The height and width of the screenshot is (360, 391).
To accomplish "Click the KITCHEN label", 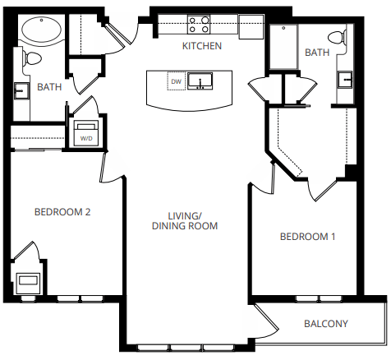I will (202, 46).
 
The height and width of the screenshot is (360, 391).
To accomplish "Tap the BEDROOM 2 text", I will (62, 212).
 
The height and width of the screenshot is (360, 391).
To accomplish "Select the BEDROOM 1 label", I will (307, 237).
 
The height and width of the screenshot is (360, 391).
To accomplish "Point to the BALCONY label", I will (325, 323).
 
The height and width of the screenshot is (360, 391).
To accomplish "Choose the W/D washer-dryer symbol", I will (85, 133).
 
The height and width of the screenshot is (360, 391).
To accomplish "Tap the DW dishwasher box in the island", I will (175, 81).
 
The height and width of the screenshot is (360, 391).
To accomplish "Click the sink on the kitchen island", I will (200, 81).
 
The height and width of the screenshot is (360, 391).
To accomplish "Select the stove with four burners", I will (198, 24).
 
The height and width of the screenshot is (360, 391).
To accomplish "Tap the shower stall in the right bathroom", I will (284, 44).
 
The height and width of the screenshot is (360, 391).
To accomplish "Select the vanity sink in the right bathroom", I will (345, 80).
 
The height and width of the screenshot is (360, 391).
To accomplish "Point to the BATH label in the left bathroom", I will (50, 86).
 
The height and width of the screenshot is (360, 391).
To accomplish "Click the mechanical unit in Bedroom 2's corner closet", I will (28, 281).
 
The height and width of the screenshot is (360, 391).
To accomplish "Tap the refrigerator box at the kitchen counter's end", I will (251, 25).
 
